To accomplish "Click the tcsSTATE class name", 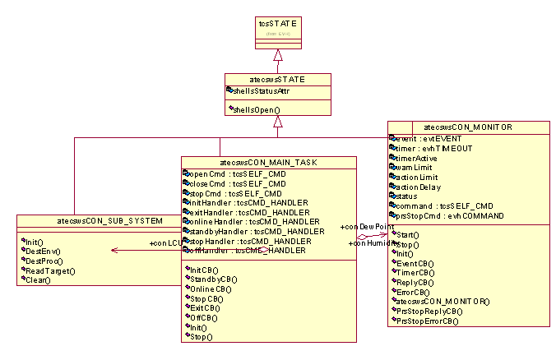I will [278, 25].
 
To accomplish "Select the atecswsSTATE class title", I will [278, 80].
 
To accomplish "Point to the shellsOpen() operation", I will [256, 109].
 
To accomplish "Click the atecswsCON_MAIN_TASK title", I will [269, 163].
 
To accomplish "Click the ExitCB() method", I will [206, 308].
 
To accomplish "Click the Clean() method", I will [38, 280].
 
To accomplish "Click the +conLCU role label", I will [164, 243].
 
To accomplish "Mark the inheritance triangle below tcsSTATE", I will [279, 56].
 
